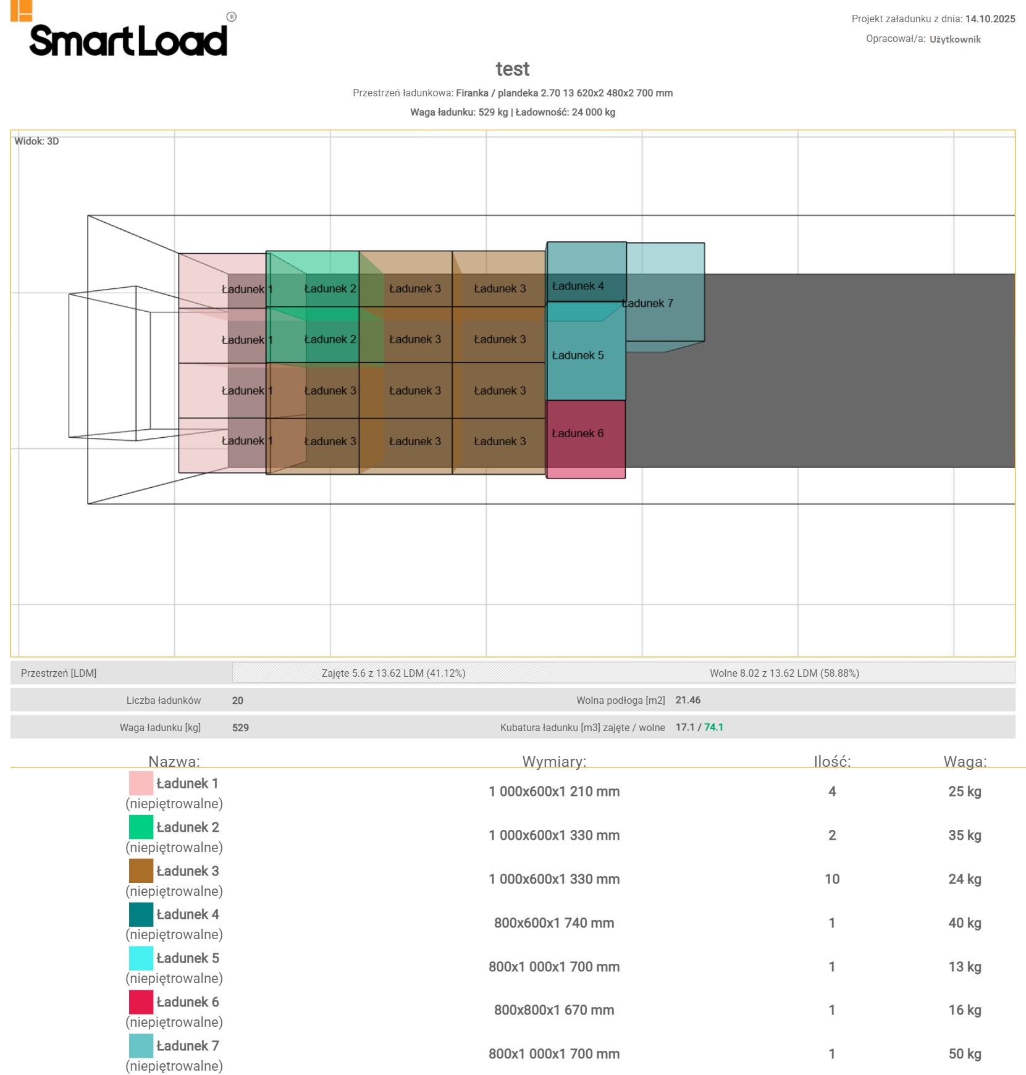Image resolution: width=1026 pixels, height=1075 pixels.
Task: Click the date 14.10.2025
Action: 990,19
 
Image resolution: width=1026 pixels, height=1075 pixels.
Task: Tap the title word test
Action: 513,69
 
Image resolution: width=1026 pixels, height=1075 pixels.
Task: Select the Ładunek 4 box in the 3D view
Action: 586,272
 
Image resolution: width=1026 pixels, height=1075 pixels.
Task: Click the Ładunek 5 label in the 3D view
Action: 578,356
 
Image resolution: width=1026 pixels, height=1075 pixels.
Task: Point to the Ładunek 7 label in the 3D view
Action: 648,303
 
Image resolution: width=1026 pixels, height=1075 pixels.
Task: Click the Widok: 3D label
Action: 37,141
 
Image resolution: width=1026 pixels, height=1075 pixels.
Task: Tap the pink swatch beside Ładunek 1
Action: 141,783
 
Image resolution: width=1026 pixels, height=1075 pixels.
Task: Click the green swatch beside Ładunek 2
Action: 141,827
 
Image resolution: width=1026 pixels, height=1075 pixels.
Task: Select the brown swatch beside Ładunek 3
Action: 141,871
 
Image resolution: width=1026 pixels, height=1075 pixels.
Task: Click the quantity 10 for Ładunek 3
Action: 831,879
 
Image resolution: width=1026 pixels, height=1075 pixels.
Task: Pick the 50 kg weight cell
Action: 964,1054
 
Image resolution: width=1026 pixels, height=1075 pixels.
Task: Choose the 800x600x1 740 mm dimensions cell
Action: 554,923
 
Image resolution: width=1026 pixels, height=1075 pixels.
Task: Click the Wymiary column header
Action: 554,761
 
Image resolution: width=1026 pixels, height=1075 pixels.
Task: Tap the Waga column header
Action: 964,761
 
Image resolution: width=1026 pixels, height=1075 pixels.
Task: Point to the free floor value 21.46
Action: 688,700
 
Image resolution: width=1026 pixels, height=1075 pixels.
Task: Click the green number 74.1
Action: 713,727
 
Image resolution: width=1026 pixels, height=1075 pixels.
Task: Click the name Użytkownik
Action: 955,40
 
